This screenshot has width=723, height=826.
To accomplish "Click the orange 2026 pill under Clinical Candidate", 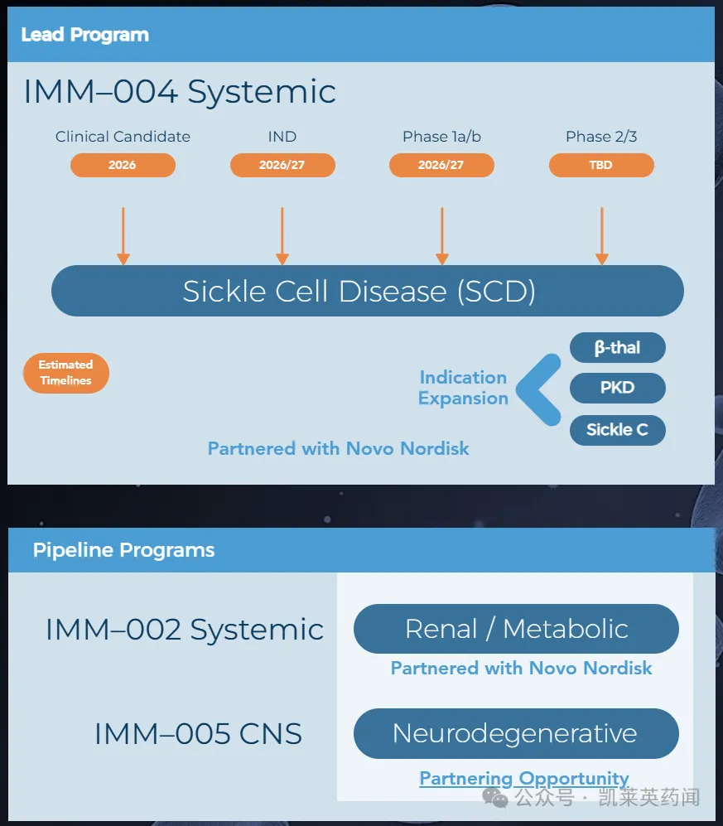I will (x=123, y=165).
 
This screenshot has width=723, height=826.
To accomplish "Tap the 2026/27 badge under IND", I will (x=282, y=165).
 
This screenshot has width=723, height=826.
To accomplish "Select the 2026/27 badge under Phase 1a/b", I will (x=441, y=165).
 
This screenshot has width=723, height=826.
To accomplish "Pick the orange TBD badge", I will (x=601, y=165).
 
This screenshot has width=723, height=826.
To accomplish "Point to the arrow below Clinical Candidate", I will (x=123, y=236).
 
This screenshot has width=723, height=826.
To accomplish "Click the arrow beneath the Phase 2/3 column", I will (x=602, y=236).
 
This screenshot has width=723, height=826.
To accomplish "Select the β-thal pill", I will (x=618, y=347).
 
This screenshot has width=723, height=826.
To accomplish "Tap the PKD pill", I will (x=618, y=388).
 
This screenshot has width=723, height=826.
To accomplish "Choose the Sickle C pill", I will (x=618, y=429).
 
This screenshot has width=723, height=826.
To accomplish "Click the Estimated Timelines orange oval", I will (x=66, y=373).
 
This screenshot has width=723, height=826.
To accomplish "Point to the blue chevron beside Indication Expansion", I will (x=539, y=388).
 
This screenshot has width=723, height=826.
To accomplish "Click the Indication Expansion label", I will (x=463, y=388).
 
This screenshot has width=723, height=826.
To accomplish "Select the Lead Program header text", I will (x=84, y=35).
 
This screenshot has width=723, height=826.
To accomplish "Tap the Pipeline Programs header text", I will (x=123, y=550).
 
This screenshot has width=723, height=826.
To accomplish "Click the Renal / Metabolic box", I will (x=516, y=629).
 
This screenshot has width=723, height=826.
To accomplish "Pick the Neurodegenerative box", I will (x=516, y=733).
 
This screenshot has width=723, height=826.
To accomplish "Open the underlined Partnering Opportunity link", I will (x=523, y=778).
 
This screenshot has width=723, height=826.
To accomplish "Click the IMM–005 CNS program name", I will (x=198, y=733).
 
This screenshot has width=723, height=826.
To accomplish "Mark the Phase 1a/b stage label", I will (x=441, y=137).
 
